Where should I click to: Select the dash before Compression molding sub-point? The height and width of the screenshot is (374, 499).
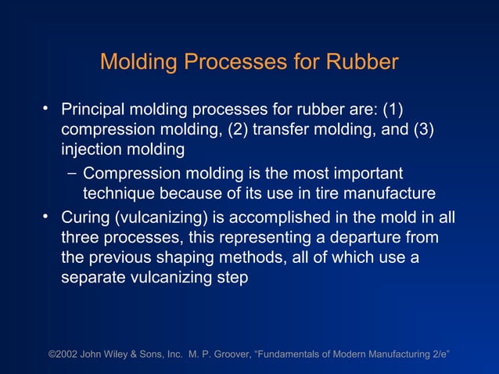71,172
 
